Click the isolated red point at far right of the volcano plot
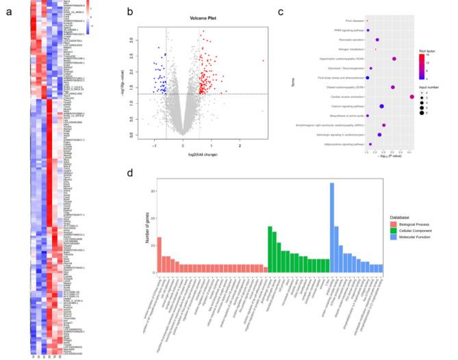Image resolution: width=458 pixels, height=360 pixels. point(263,62)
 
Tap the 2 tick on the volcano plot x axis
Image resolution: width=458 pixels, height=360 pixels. point(240,146)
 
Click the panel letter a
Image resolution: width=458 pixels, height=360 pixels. point(8,12)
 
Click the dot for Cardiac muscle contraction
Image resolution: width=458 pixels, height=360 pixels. point(411,97)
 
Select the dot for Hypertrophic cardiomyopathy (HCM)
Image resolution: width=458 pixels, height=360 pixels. point(394,59)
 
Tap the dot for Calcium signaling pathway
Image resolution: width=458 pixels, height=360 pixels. point(381,107)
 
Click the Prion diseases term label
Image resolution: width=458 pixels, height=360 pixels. point(353,21)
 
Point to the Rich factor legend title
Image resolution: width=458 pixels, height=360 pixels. point(428,51)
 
